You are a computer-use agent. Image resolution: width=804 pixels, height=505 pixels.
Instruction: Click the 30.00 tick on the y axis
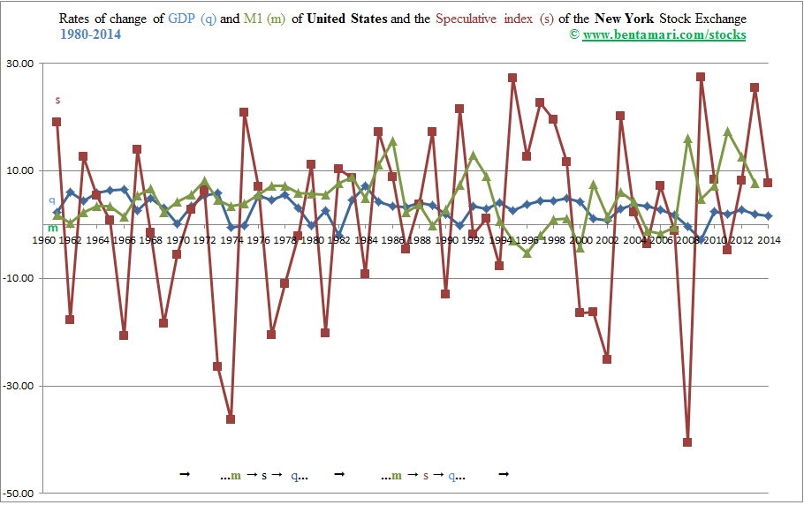pos(20,64)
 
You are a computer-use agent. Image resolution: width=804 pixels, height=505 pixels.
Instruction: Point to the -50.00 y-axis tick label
pos(19,493)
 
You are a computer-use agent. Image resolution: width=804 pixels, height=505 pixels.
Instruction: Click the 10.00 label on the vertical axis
pos(20,170)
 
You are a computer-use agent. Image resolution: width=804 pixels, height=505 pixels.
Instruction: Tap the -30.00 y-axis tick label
pos(19,386)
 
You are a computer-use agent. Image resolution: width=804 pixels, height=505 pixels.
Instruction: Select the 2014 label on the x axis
pos(768,239)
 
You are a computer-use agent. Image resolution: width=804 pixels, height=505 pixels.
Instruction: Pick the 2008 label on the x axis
pos(687,239)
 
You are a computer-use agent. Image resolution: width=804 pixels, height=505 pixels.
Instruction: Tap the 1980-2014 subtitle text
pos(91,34)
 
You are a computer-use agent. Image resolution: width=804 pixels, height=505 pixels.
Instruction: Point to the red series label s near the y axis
pos(57,99)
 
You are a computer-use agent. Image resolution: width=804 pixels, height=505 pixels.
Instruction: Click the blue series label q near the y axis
pos(51,200)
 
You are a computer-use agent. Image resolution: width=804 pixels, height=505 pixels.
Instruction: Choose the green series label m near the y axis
pos(52,228)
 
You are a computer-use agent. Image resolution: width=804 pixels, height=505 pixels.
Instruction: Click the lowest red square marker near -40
pos(687,442)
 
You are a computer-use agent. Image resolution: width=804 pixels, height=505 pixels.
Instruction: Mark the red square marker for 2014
pos(768,183)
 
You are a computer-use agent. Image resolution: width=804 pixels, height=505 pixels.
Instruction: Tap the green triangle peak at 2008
pos(687,139)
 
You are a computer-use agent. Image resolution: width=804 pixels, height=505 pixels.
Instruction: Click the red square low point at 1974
pos(231,419)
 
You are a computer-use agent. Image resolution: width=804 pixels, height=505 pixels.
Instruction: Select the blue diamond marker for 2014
pos(768,215)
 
